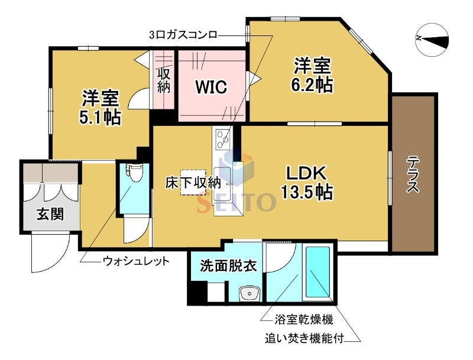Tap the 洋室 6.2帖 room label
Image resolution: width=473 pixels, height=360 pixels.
[311, 75]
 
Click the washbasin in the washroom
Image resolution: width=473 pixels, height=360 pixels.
[250, 293]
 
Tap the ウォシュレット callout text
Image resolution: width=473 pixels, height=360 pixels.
[136, 260]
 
